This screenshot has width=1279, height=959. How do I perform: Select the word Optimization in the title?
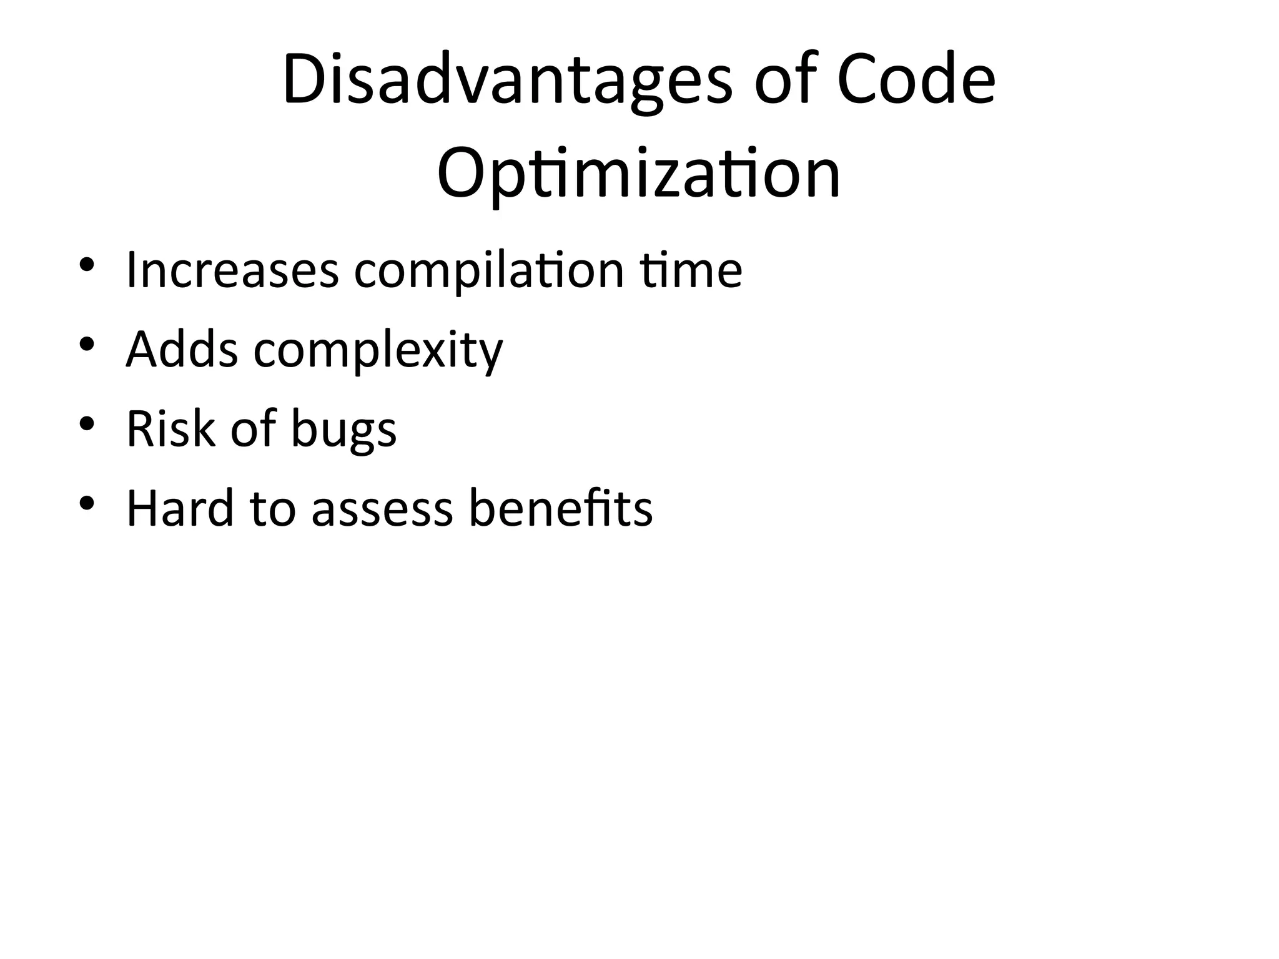[638, 174]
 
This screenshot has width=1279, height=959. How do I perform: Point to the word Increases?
[232, 270]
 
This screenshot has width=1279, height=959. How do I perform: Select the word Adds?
[182, 349]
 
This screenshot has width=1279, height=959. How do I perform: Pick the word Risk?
[170, 429]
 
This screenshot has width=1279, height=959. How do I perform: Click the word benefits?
[560, 508]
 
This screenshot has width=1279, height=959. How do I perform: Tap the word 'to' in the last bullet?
[272, 509]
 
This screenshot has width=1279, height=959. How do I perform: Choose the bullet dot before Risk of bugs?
[87, 423]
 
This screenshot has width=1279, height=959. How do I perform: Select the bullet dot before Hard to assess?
[87, 503]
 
